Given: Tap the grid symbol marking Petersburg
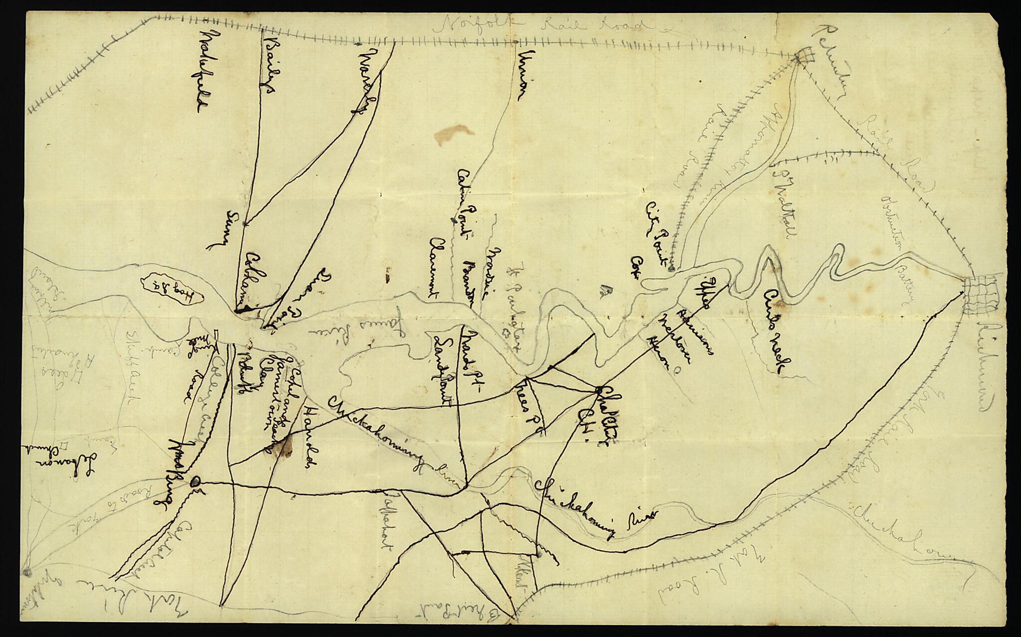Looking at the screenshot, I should tap(803, 56).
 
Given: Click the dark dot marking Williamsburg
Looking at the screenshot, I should tap(196, 481).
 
